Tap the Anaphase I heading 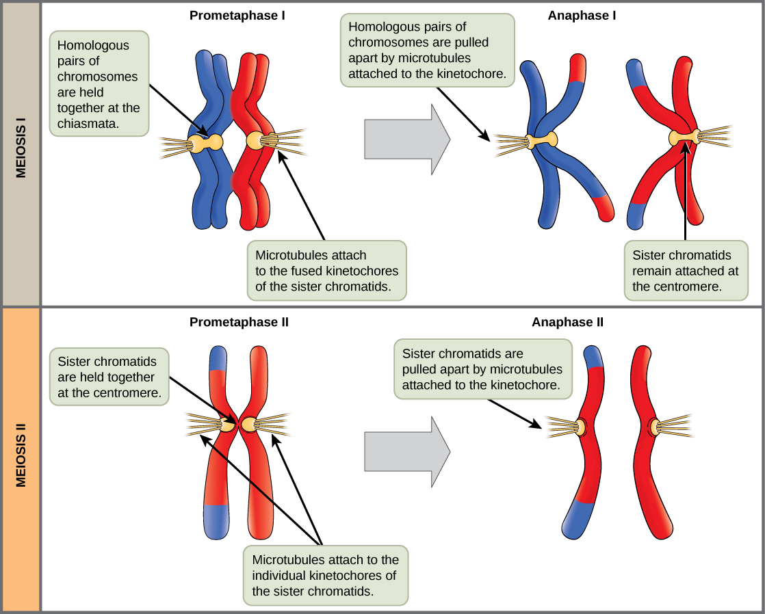click(x=582, y=14)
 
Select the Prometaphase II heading click(x=239, y=321)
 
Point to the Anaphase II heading click(x=567, y=322)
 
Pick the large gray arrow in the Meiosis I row click(x=407, y=139)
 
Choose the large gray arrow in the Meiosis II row click(x=407, y=451)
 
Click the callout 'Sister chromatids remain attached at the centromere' click(x=685, y=271)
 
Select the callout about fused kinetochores click(x=326, y=271)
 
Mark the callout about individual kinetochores click(x=324, y=575)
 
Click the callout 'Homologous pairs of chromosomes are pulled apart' click(x=427, y=51)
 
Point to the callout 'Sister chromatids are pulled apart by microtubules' click(x=487, y=370)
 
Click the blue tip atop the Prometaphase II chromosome click(x=218, y=358)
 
